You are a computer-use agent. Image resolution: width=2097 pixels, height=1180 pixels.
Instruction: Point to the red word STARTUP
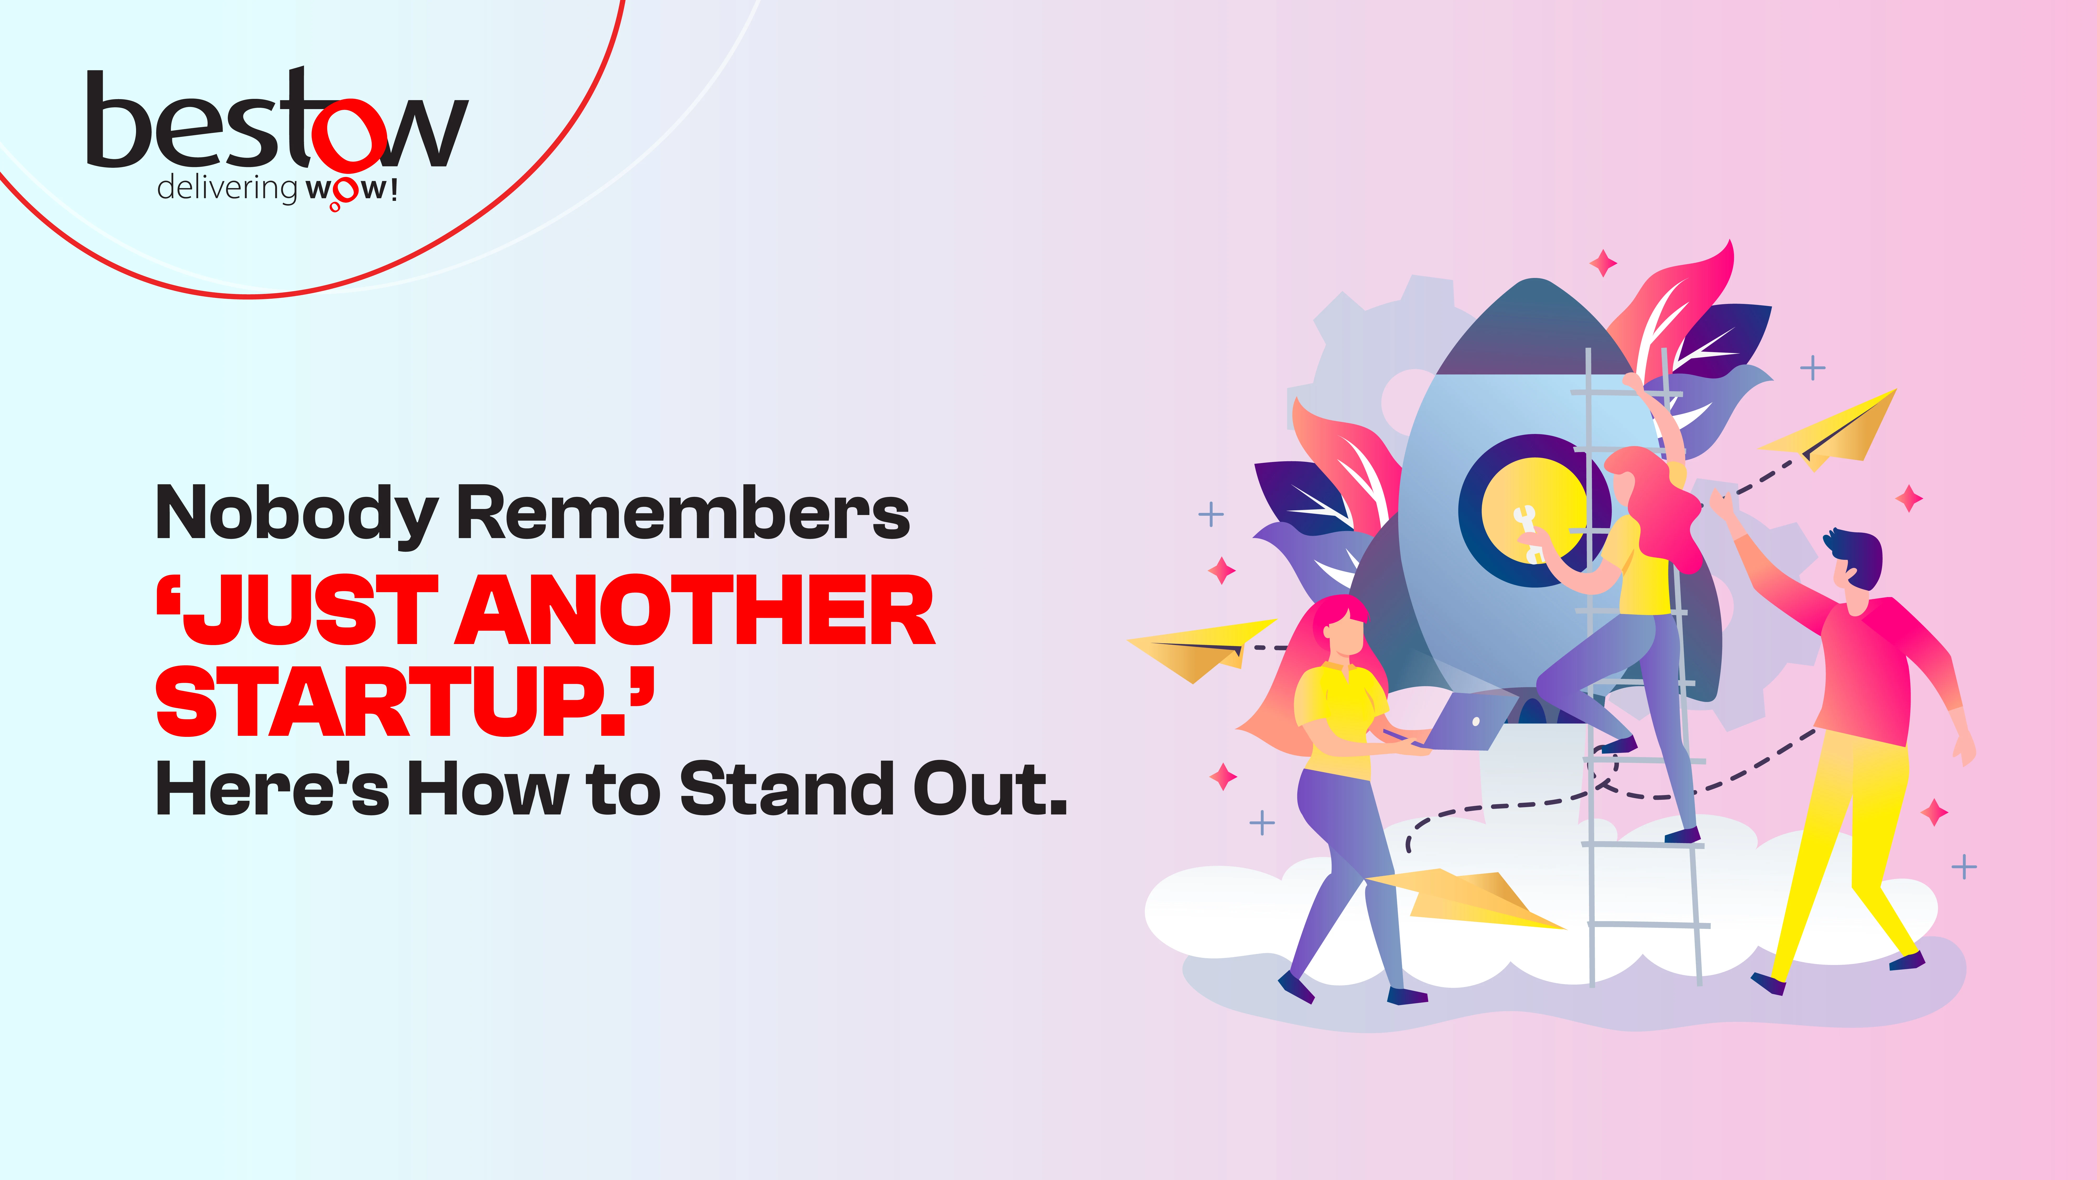(x=404, y=700)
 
